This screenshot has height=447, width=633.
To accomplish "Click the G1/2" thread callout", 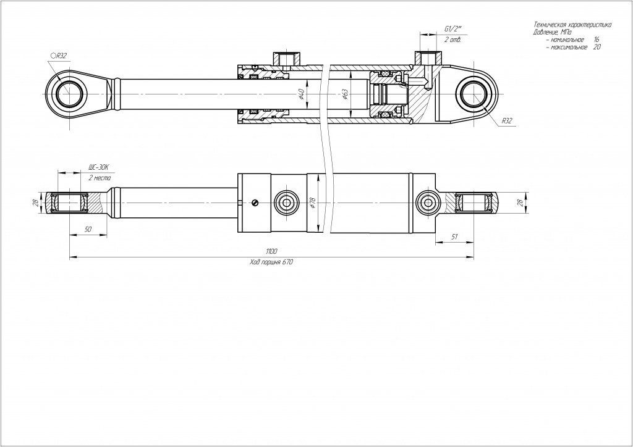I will coord(453,29).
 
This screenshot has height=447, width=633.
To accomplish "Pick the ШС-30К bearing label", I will coord(99,167).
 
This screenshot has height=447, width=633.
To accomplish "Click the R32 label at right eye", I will coord(507,121).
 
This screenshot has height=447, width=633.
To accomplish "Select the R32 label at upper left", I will coord(59,56).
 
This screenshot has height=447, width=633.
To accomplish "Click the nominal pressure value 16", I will coord(596,39).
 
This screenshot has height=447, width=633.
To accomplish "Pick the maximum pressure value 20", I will coord(597,47).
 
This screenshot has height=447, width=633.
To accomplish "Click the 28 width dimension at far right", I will coord(520,203).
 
